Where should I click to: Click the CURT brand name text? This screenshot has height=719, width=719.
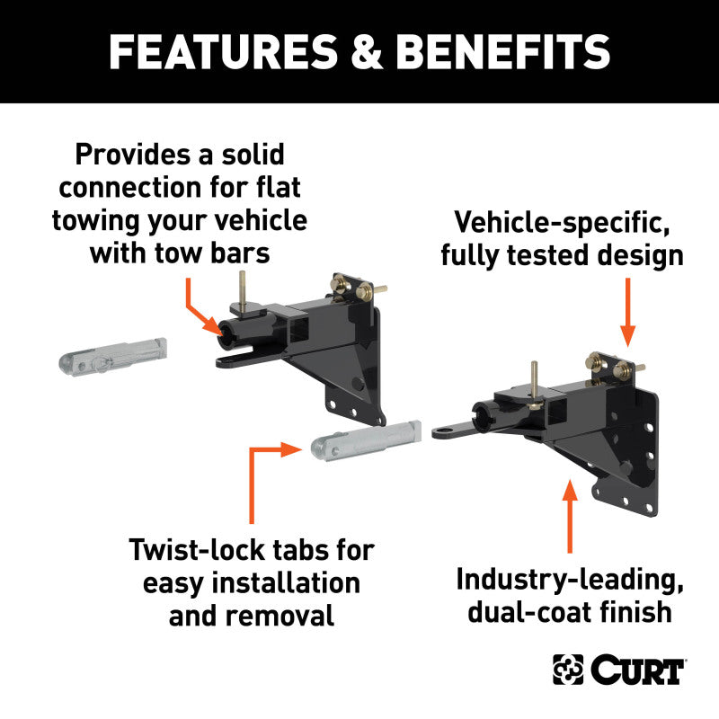tap(638, 670)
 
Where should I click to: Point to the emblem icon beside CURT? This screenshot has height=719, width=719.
tap(568, 670)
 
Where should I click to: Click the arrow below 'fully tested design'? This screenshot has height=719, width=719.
tap(628, 311)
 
